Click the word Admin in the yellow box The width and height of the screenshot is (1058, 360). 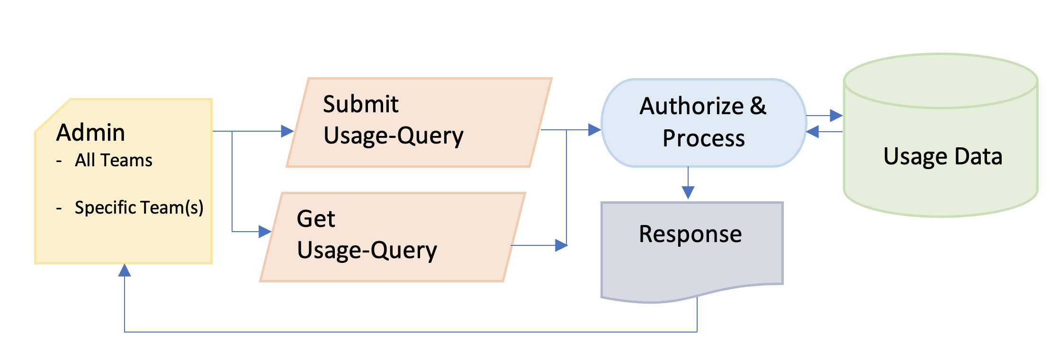tap(90, 133)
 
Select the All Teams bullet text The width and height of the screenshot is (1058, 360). tap(113, 161)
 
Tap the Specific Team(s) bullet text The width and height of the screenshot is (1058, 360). tap(139, 207)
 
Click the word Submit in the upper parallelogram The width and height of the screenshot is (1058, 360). tap(360, 104)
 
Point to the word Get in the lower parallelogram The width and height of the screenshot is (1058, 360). tap(316, 219)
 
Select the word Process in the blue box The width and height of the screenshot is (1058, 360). tap(703, 138)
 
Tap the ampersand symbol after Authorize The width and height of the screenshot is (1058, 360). tap(758, 106)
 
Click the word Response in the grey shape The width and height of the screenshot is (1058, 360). tap(690, 234)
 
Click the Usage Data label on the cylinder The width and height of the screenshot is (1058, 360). tap(942, 156)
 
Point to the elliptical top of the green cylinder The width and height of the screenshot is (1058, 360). tap(941, 81)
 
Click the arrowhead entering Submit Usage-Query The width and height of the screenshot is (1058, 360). tap(287, 131)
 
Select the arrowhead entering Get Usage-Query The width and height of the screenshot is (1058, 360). tap(265, 232)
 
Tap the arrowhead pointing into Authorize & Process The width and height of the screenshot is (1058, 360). tap(594, 130)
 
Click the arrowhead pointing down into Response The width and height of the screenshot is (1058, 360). tap(688, 192)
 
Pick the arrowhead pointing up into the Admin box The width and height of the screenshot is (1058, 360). tap(125, 270)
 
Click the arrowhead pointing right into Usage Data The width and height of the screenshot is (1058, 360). tap(836, 116)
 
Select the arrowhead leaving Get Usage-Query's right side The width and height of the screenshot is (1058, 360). tap(561, 245)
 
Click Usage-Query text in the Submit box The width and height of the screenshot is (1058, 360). tap(393, 136)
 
